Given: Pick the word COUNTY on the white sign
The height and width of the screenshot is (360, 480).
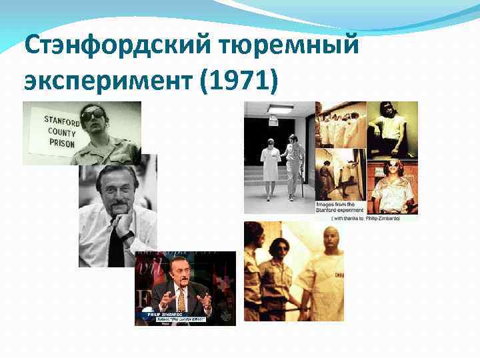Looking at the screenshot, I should click(61, 131).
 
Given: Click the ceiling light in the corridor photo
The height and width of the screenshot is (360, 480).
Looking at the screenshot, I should click(280, 109).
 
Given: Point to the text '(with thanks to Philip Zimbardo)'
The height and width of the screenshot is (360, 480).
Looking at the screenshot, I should click(365, 216).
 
